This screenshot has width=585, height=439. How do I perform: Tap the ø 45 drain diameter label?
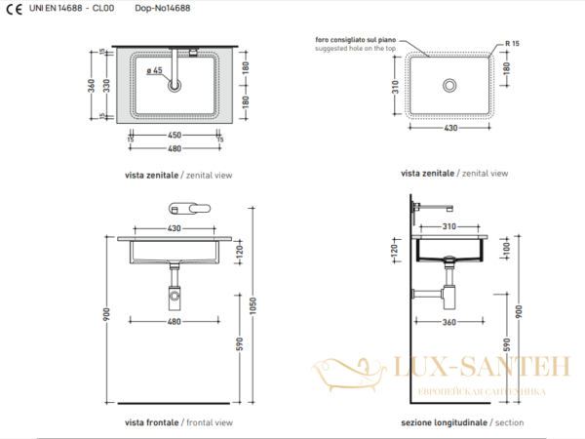point(154,70)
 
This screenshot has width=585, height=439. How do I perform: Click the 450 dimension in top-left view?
point(175,136)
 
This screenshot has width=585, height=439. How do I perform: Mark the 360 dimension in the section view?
point(448,321)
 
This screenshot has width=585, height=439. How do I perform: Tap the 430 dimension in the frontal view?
point(175,227)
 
